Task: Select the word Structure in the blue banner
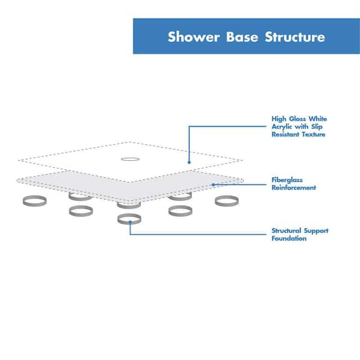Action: tap(293, 37)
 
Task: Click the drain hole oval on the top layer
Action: tap(130, 159)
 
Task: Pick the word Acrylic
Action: tap(284, 127)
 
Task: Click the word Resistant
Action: tap(287, 134)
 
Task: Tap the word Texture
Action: tap(314, 134)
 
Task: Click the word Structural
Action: tap(289, 231)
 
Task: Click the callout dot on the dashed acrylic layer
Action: tap(189, 161)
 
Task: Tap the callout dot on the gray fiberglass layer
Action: tap(213, 184)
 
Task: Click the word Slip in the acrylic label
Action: tap(320, 127)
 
